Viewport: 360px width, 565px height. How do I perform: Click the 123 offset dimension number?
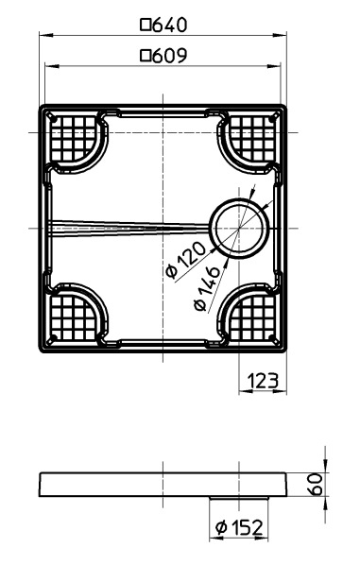coord(261,381)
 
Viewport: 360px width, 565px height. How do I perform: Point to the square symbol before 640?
coord(145,24)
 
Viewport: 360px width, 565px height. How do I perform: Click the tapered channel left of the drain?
coord(132,226)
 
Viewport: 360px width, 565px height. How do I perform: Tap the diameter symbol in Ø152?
coord(220,526)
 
